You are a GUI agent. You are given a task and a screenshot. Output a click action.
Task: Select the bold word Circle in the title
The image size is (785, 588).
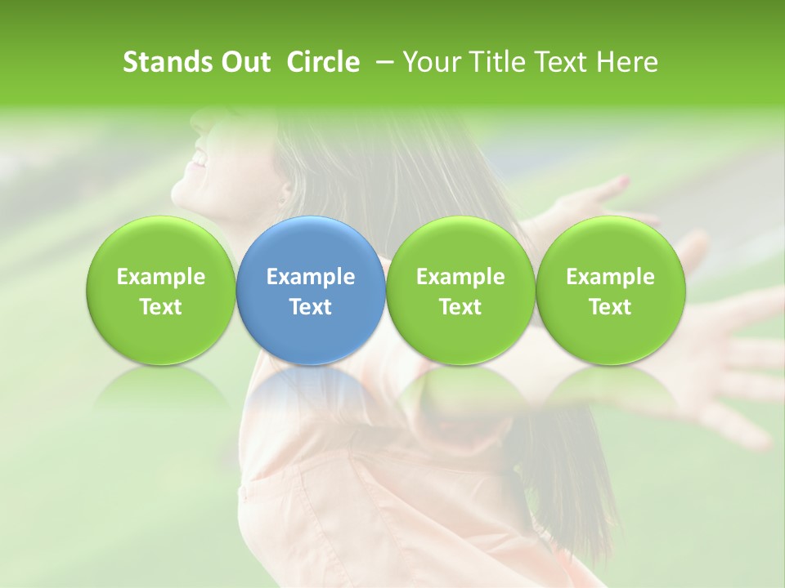click(323, 62)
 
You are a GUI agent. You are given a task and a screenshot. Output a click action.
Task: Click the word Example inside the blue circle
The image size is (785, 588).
click(311, 277)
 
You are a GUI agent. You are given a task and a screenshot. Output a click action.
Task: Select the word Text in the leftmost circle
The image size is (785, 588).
click(160, 307)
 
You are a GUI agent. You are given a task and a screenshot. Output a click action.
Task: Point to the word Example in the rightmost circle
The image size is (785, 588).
click(610, 277)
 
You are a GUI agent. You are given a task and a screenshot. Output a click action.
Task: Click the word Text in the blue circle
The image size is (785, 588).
click(311, 307)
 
